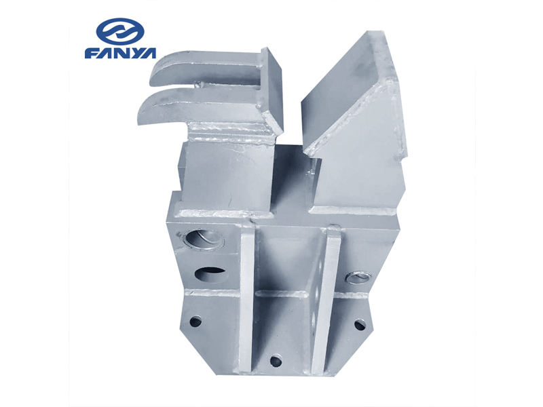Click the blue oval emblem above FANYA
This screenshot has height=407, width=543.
pos(120,31)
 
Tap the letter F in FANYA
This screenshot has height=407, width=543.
pos(92,53)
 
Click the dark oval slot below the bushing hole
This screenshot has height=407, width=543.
pos(209,273)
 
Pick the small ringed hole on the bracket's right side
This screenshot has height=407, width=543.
pos(359,277)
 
